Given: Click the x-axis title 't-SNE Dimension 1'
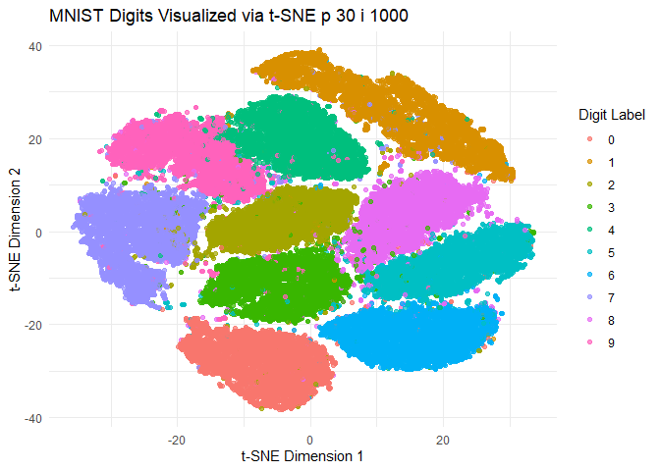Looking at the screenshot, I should pos(310,456).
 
